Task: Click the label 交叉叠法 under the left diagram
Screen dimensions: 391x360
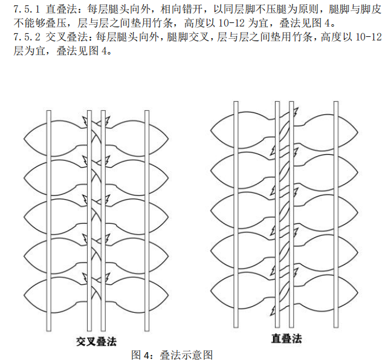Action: tap(96, 341)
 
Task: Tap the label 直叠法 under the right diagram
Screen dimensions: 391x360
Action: tap(286, 339)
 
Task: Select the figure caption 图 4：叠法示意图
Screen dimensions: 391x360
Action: tap(172, 355)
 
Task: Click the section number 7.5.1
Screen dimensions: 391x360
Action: tap(27, 10)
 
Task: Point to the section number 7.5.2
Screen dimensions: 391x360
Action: tap(27, 38)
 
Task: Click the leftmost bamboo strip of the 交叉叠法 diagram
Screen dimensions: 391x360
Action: tap(49, 221)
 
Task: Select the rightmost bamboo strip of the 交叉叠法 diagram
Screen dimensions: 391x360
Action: tap(147, 221)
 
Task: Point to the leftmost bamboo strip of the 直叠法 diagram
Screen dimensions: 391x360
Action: tap(236, 214)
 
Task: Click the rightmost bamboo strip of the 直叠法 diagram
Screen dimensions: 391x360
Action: tap(336, 214)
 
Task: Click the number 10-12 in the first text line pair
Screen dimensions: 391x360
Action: tap(231, 24)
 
